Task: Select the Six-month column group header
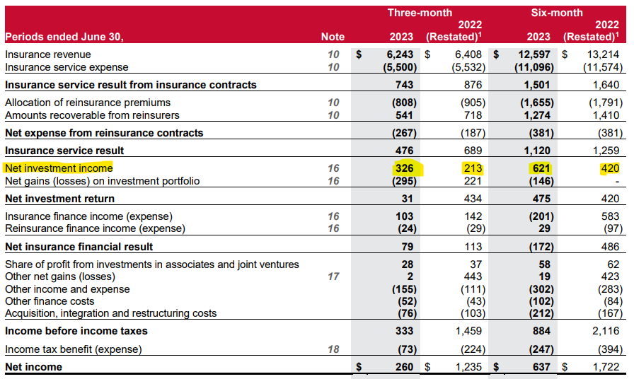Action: tap(557, 13)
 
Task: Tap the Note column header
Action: tap(333, 37)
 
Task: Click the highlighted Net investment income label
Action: tap(59, 168)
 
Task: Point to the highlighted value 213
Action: tap(473, 168)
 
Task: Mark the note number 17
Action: tap(333, 276)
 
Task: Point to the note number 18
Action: tap(333, 349)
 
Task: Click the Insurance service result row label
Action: tap(64, 151)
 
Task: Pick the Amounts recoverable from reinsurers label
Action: tap(92, 115)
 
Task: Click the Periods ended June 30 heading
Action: tap(64, 37)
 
